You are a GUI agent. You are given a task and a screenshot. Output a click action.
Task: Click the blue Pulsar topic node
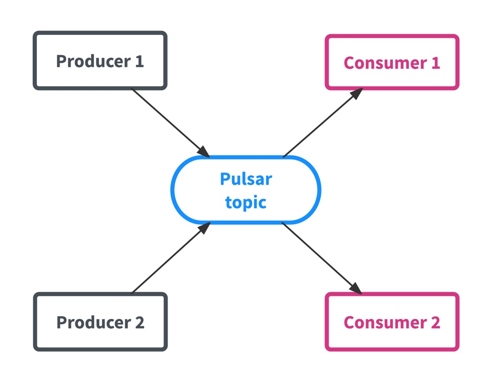pyautogui.click(x=246, y=190)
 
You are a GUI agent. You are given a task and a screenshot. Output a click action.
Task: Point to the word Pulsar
pyautogui.click(x=246, y=179)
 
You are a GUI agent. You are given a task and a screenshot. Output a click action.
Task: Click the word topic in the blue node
pyautogui.click(x=246, y=202)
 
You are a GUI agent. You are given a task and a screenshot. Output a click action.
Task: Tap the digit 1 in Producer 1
pyautogui.click(x=139, y=61)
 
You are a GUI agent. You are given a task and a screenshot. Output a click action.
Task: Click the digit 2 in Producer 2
pyautogui.click(x=140, y=322)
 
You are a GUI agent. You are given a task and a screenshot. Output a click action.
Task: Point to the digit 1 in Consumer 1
pyautogui.click(x=435, y=63)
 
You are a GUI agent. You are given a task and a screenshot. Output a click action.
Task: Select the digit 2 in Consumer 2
pyautogui.click(x=435, y=322)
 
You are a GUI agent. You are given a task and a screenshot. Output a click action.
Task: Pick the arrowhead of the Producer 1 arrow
pyautogui.click(x=203, y=151)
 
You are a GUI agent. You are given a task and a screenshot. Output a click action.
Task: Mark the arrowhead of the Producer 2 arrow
pyautogui.click(x=204, y=228)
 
